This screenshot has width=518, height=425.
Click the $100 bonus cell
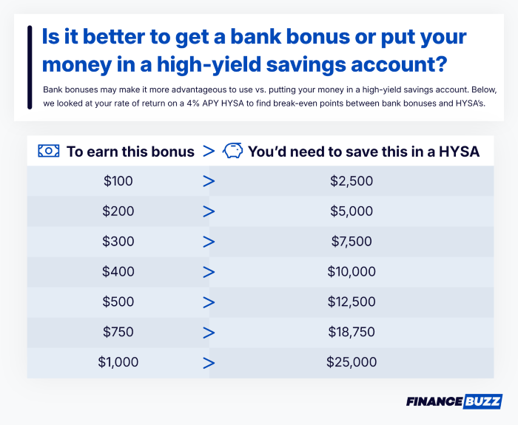coord(118,180)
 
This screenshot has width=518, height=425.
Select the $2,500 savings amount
coord(351,180)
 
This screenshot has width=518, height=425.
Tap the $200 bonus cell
coord(118,211)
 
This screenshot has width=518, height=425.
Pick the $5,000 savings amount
coord(351,211)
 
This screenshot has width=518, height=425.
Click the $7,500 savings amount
coord(351,241)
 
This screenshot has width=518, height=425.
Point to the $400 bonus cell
coord(118,271)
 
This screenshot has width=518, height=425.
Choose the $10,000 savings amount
coord(351,271)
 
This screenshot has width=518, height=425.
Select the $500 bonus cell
coord(118,302)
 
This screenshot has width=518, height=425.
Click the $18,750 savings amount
coord(351,332)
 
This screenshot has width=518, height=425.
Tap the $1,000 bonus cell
coord(118,362)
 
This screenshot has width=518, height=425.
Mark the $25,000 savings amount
coord(351,362)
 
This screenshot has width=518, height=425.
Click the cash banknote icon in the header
coord(48,151)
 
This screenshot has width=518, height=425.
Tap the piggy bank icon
coord(232,151)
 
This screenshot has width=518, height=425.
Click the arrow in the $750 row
coord(209,332)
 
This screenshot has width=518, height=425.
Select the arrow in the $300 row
coord(209,241)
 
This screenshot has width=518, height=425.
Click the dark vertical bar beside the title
coord(29,67)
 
